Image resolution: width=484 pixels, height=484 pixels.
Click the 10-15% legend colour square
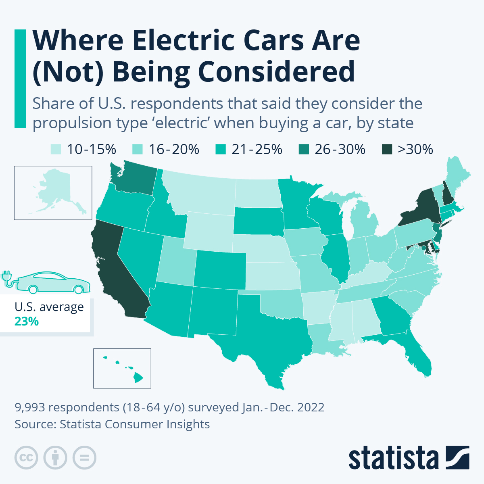pos(56,150)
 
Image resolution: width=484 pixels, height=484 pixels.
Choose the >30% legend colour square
pos(386,150)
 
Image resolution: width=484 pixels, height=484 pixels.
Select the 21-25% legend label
pos(257,150)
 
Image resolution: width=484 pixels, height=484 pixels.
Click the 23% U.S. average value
pos(27,321)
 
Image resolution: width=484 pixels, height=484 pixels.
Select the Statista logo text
pos(393,458)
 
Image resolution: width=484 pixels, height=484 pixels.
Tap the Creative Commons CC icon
pos(26,458)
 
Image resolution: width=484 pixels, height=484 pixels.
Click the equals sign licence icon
pos(84,458)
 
